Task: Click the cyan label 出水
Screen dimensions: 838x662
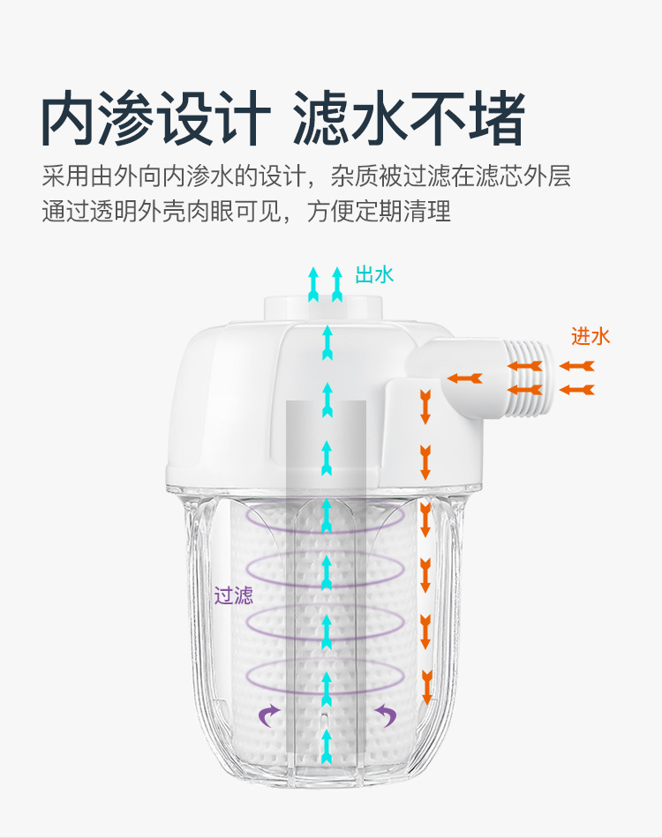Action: pos(374,275)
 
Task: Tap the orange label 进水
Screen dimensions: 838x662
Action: pos(591,336)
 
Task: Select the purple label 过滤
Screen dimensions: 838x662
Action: pos(234,595)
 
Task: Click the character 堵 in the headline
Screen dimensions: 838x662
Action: pos(494,119)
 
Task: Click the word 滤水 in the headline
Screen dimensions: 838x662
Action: pos(352,119)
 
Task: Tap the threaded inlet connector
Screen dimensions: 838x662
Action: pos(529,377)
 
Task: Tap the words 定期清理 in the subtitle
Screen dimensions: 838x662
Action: pos(414,213)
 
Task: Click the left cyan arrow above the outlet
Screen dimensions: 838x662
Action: pos(312,283)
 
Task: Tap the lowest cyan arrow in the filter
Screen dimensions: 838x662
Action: pos(327,746)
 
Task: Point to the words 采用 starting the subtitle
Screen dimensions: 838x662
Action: pos(62,176)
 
